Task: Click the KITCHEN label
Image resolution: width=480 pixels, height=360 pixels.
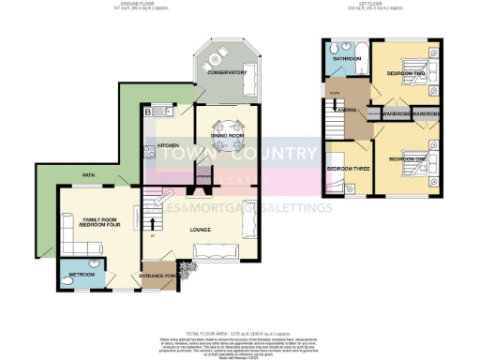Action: click(168, 145)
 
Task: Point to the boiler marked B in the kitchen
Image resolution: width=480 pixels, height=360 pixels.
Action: click(148, 113)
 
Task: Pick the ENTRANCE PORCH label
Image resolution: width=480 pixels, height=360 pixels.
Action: click(160, 276)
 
